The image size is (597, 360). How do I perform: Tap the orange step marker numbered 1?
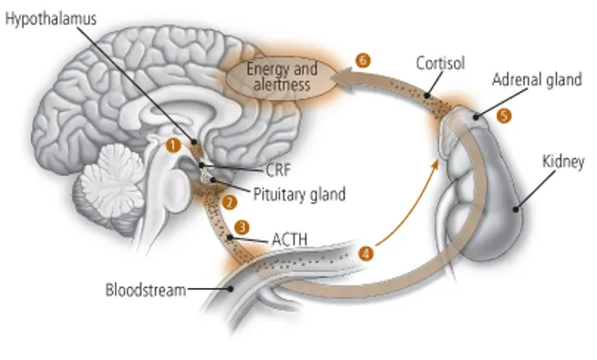click(x=173, y=143)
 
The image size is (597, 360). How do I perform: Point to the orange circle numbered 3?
click(x=242, y=225)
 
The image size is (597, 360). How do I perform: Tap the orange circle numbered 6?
click(x=363, y=60)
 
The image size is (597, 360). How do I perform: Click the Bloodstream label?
click(x=146, y=291)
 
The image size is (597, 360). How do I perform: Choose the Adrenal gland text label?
click(x=537, y=80)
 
